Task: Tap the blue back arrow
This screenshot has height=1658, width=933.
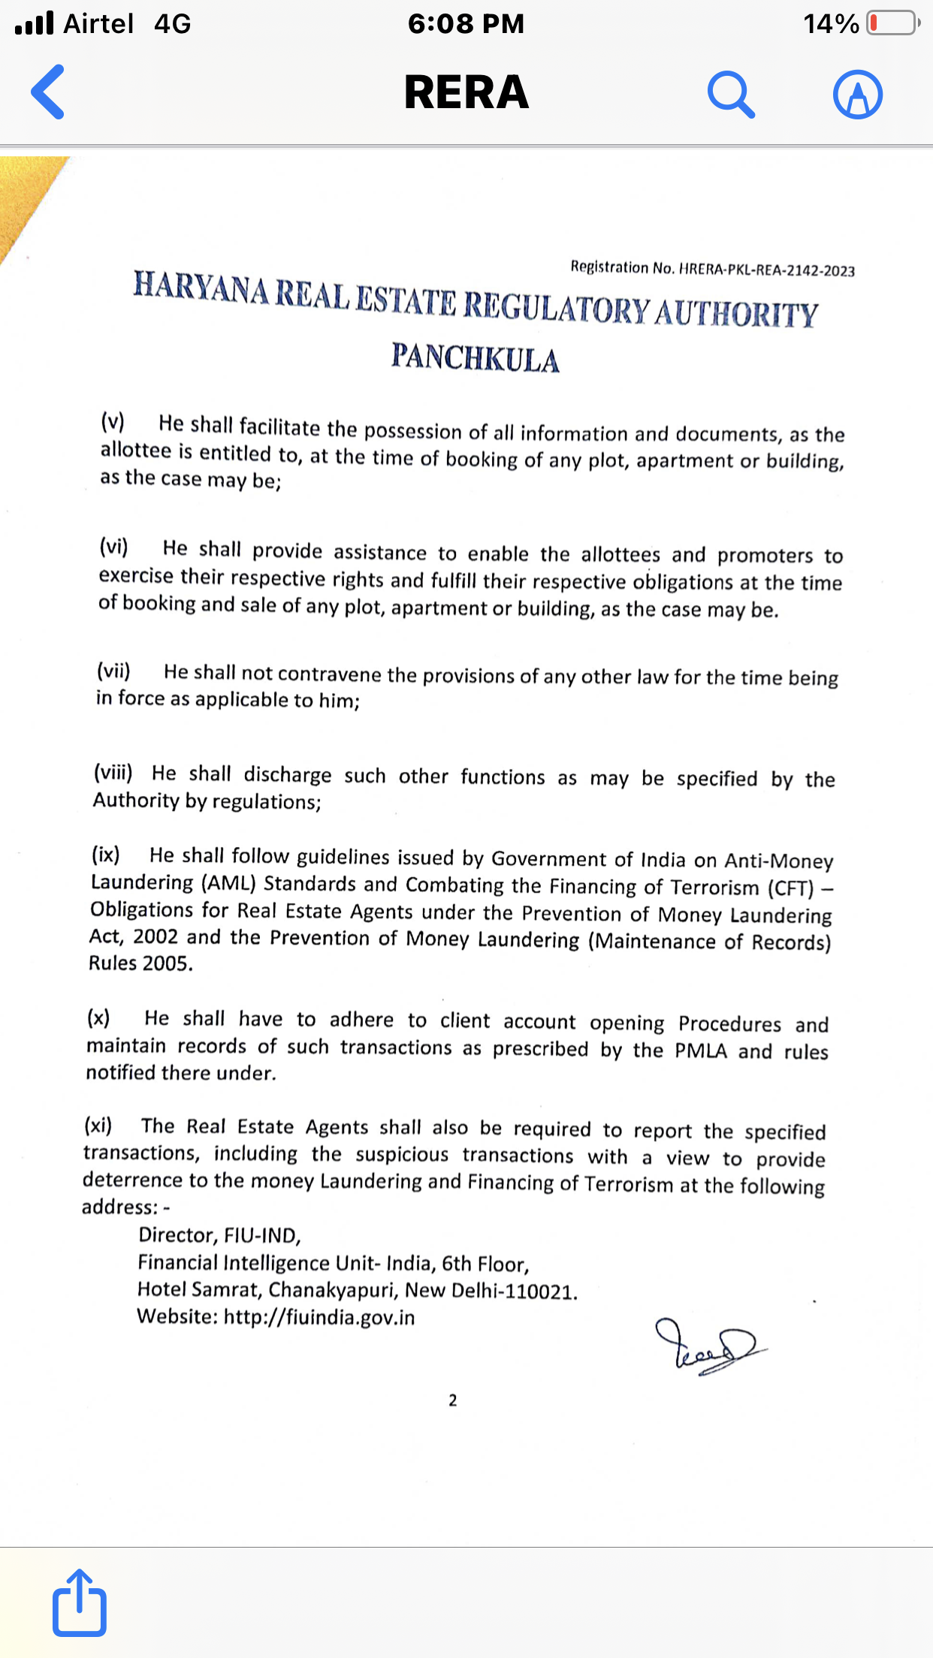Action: (x=48, y=92)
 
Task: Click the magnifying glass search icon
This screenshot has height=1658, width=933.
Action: (x=730, y=95)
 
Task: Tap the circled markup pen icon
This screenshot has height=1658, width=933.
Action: (x=857, y=95)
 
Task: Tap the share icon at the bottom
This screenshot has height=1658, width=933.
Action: (x=79, y=1602)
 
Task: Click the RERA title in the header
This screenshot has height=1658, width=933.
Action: (x=466, y=92)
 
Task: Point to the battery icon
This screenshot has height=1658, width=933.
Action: (x=892, y=23)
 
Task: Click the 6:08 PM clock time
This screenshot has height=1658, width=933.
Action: (x=466, y=23)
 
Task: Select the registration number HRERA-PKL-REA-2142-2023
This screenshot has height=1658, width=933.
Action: (x=766, y=270)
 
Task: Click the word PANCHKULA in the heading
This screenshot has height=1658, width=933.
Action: (x=475, y=358)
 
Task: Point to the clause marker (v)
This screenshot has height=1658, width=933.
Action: (x=113, y=421)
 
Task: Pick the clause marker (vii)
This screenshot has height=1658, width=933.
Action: (x=113, y=670)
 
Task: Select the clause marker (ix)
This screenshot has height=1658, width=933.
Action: (x=106, y=855)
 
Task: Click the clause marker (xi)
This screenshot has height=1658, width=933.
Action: (x=98, y=1125)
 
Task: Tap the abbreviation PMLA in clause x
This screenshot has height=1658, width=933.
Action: (x=701, y=1051)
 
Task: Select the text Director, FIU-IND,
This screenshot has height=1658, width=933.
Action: (x=219, y=1235)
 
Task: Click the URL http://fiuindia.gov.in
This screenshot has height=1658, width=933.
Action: (x=319, y=1318)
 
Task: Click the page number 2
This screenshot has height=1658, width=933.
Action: (x=453, y=1400)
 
